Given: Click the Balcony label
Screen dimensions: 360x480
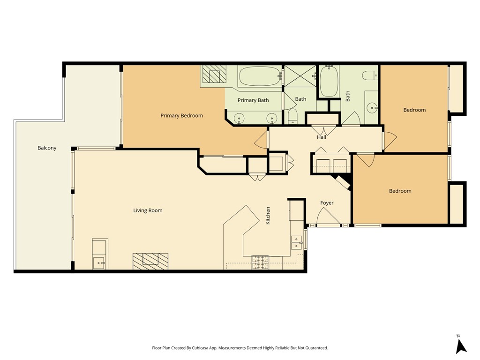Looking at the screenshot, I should tap(47, 148).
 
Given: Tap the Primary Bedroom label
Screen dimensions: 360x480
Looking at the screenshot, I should tap(181, 115).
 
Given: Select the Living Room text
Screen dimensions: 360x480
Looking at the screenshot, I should tap(148, 210).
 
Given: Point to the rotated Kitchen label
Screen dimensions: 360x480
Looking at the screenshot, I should tap(268, 215).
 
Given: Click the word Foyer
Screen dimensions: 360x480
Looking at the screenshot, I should tap(327, 203).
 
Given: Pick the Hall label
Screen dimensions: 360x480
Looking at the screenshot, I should tap(321, 137).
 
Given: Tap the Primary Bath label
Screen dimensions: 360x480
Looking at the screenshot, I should tap(253, 100).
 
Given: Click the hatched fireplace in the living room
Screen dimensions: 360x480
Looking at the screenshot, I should tap(150, 261).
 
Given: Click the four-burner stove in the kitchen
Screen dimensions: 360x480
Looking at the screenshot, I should tap(260, 262).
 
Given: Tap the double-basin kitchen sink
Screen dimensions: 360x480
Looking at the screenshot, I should tap(296, 242).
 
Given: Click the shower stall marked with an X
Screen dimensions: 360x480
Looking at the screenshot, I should tap(300, 75).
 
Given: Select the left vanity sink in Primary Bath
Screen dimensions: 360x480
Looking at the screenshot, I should tap(240, 119).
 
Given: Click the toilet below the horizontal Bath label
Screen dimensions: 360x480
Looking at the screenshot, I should tap(292, 116).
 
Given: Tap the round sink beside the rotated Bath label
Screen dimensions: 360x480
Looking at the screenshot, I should tap(373, 108).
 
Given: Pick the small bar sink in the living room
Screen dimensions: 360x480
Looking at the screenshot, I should tap(99, 262).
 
